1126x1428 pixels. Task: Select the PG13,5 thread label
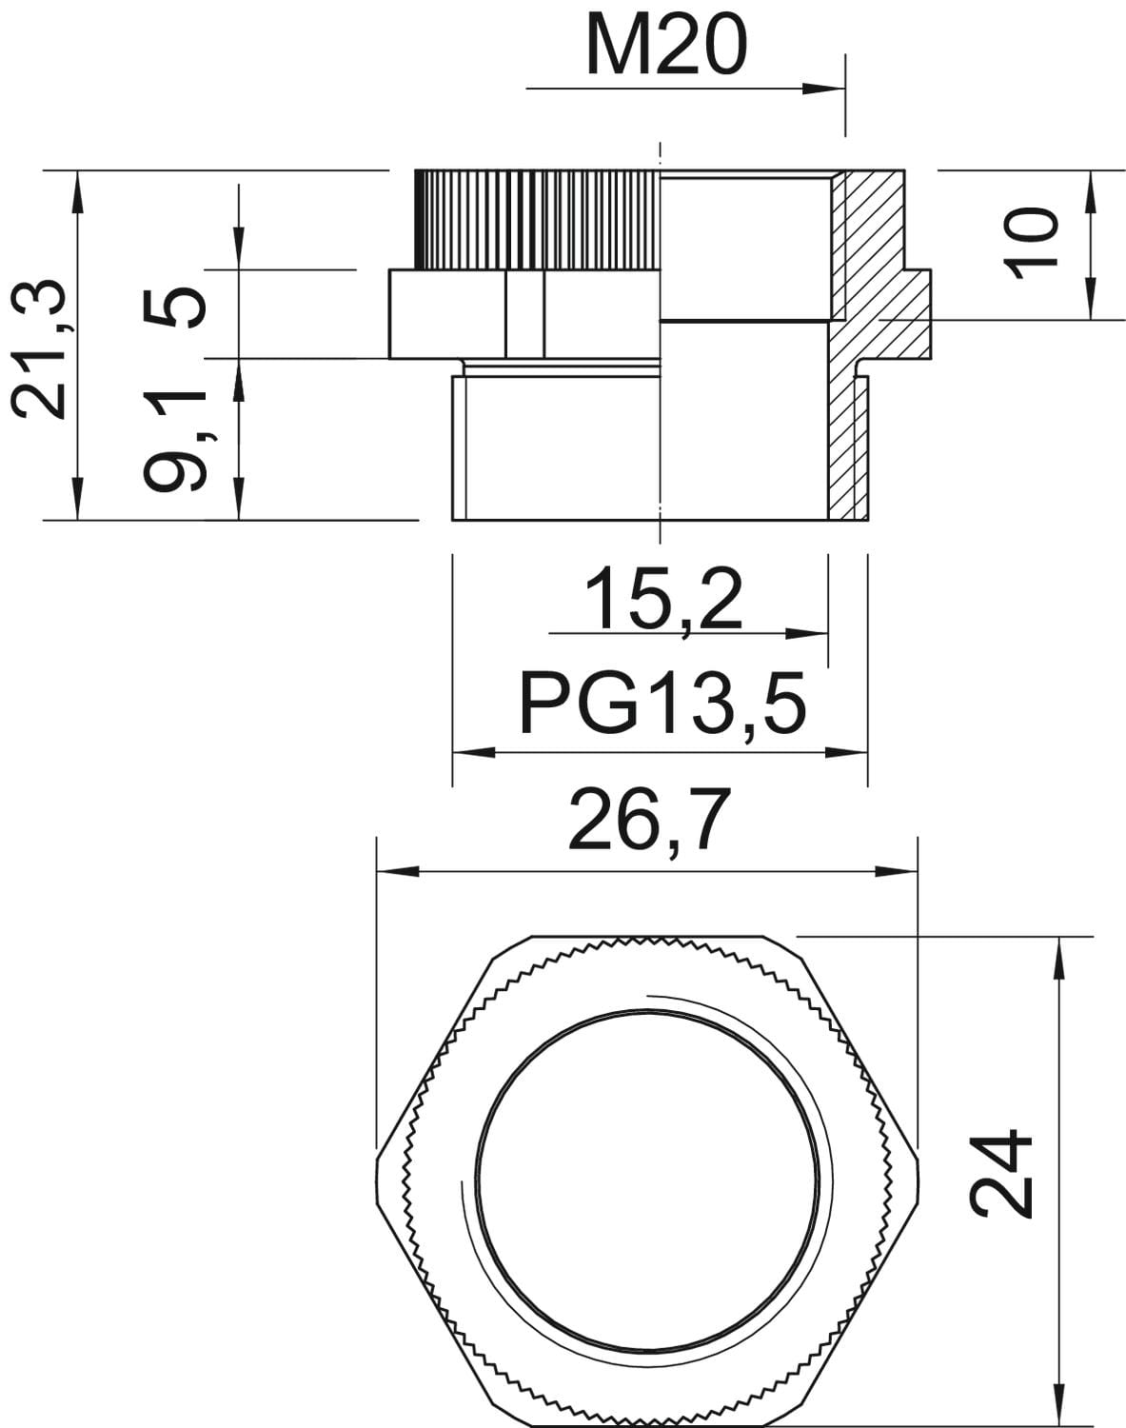point(662,703)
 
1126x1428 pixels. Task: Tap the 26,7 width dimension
point(650,820)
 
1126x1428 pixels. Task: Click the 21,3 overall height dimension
point(40,349)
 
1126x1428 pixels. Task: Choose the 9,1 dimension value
point(175,441)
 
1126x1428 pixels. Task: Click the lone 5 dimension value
point(174,307)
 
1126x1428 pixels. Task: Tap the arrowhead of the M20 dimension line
point(823,89)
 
